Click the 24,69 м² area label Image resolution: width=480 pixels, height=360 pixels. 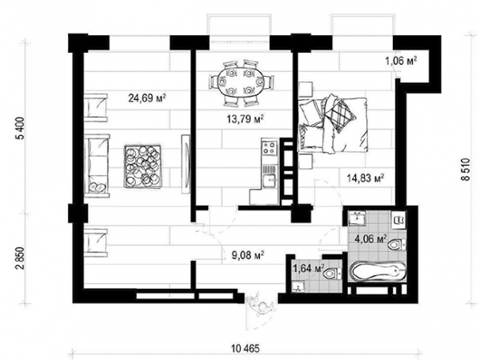tap(147, 98)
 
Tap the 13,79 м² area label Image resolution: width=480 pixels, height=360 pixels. tap(246, 118)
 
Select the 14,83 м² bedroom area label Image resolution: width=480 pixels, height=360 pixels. tap(366, 178)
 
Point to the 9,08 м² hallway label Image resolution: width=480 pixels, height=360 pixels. tap(248, 254)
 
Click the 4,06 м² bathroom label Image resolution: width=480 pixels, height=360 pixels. tap(370, 238)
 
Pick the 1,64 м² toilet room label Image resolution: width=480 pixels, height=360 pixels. tap(308, 269)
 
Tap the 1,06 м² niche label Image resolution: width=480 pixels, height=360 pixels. tap(402, 62)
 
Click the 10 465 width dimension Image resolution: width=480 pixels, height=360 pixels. tap(246, 348)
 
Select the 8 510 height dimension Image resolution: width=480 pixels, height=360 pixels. tap(466, 170)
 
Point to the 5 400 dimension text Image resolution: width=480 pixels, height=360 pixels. tap(21, 128)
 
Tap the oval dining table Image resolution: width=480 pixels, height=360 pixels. tap(241, 82)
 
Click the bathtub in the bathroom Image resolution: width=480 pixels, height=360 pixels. tap(378, 271)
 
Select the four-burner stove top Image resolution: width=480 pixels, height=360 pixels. tap(270, 148)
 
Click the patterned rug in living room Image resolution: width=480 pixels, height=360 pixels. tap(143, 166)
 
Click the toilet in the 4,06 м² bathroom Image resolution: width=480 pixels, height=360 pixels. tap(397, 245)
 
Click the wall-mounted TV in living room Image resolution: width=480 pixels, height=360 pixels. tap(186, 164)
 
